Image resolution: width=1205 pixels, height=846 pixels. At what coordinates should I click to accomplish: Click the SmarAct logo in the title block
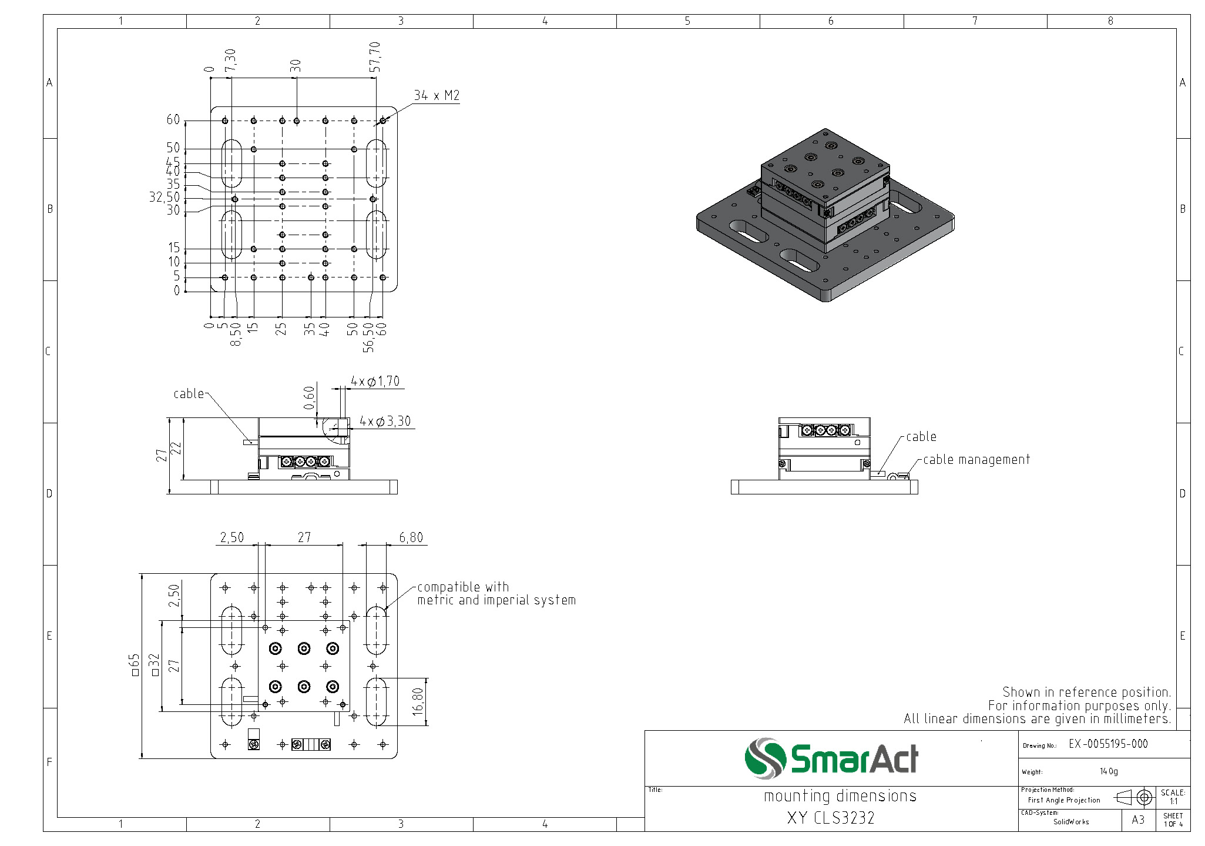(831, 758)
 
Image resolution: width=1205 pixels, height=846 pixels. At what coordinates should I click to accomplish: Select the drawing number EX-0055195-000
(1108, 744)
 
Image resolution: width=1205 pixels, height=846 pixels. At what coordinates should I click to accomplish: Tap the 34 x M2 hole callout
(437, 95)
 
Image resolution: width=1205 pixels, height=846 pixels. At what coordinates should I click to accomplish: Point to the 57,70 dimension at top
(375, 56)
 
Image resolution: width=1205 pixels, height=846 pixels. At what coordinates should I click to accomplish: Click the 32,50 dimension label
(165, 197)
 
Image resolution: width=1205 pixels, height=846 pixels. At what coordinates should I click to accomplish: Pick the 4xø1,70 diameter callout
(375, 381)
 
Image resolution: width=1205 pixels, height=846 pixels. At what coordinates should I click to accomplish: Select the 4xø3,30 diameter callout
(385, 421)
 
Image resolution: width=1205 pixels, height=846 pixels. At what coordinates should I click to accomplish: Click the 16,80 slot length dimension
(418, 701)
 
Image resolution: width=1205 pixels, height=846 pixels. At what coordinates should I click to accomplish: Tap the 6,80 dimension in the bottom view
(411, 537)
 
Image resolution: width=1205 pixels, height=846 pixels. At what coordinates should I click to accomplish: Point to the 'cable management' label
(976, 460)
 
